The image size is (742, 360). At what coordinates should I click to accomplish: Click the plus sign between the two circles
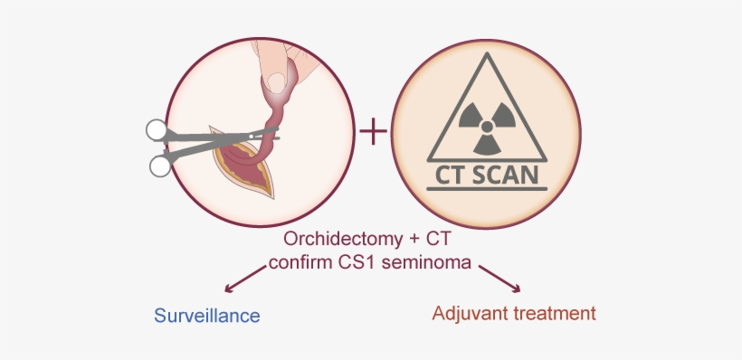point(373,132)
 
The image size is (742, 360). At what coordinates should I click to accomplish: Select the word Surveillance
point(206,316)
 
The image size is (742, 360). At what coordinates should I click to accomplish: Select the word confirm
point(305,263)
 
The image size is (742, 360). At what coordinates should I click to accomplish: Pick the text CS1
point(366,263)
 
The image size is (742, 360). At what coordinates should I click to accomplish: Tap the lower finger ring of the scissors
point(160,165)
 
